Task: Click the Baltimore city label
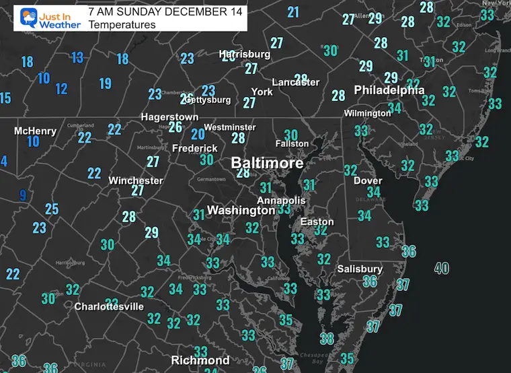click(267, 163)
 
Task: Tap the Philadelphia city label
click(389, 90)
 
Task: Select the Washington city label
click(241, 210)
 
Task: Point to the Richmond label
click(200, 360)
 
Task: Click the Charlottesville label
click(109, 306)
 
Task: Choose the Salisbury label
click(360, 269)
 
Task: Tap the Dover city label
click(368, 180)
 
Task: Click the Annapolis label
click(281, 201)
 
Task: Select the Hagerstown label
click(169, 116)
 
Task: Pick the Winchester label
click(136, 180)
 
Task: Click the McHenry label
click(35, 130)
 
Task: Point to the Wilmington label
click(367, 113)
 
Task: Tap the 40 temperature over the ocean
click(442, 268)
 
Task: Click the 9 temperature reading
click(23, 195)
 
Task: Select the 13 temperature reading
click(77, 57)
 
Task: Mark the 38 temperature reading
click(327, 338)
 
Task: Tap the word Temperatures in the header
click(122, 24)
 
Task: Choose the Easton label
click(317, 222)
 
